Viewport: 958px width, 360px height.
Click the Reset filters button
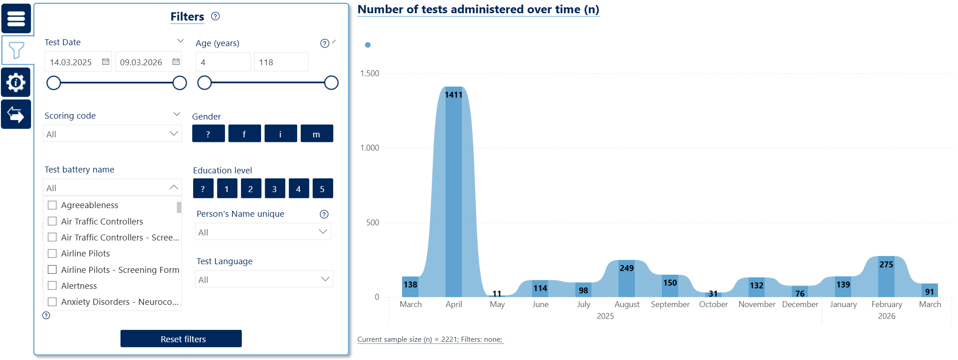(x=181, y=339)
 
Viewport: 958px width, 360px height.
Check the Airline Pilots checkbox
(x=52, y=253)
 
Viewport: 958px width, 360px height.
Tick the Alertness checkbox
(x=52, y=286)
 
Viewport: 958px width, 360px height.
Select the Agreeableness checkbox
(x=52, y=205)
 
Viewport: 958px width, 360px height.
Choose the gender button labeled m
(x=316, y=134)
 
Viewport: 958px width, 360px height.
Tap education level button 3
(x=274, y=188)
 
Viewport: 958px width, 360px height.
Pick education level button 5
(x=322, y=188)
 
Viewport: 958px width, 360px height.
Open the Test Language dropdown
(x=264, y=279)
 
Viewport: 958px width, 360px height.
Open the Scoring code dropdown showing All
(x=112, y=134)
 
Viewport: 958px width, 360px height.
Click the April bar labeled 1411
(x=453, y=192)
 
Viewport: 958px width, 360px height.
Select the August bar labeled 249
(x=626, y=278)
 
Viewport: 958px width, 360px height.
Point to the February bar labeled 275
(x=886, y=277)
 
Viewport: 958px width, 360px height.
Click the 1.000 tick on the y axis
(x=370, y=148)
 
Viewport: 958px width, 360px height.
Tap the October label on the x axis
(x=713, y=304)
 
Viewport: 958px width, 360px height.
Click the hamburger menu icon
(x=16, y=19)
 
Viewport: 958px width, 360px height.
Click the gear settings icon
(x=16, y=83)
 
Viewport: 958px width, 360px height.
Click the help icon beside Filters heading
(x=215, y=16)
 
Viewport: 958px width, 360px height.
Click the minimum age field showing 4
(x=223, y=62)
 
